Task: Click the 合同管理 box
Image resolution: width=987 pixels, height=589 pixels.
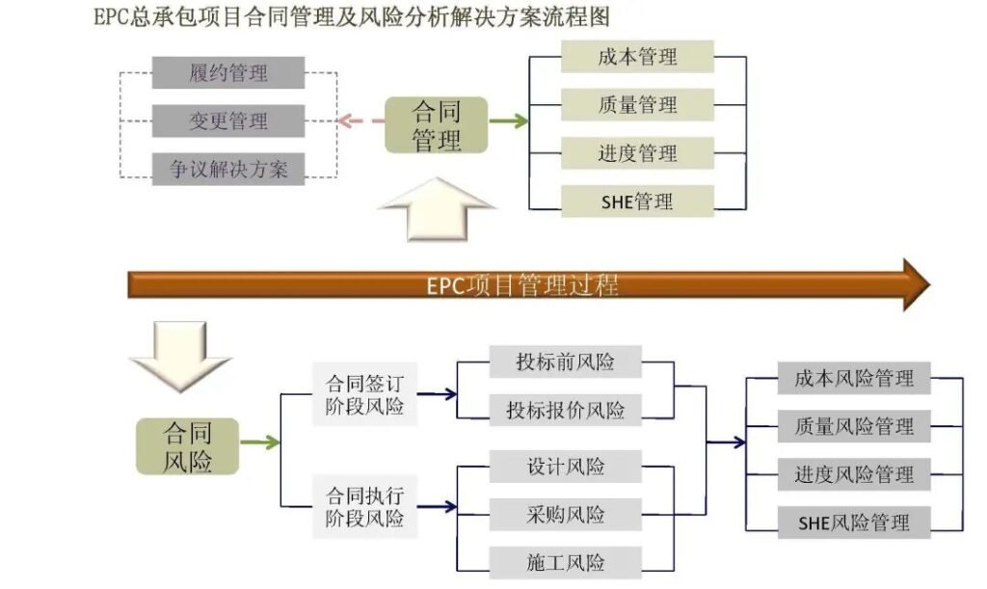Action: (436, 124)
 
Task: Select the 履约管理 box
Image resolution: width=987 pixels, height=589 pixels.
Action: (228, 72)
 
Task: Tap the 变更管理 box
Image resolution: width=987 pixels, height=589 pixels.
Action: (228, 121)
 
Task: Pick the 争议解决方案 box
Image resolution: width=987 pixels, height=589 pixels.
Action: (228, 170)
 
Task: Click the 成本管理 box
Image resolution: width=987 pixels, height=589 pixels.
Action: (637, 57)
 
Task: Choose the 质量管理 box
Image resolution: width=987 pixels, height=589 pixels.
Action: (637, 105)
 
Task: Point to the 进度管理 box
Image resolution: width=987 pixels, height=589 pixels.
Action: (637, 153)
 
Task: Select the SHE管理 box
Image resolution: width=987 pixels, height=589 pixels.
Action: (637, 201)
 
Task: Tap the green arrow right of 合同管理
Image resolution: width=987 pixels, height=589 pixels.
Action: (508, 121)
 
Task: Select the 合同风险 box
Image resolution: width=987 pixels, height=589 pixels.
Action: (187, 446)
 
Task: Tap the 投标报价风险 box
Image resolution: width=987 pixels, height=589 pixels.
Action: (565, 410)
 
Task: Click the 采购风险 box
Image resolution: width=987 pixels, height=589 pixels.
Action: (565, 515)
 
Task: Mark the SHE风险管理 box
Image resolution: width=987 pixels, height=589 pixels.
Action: (854, 523)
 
